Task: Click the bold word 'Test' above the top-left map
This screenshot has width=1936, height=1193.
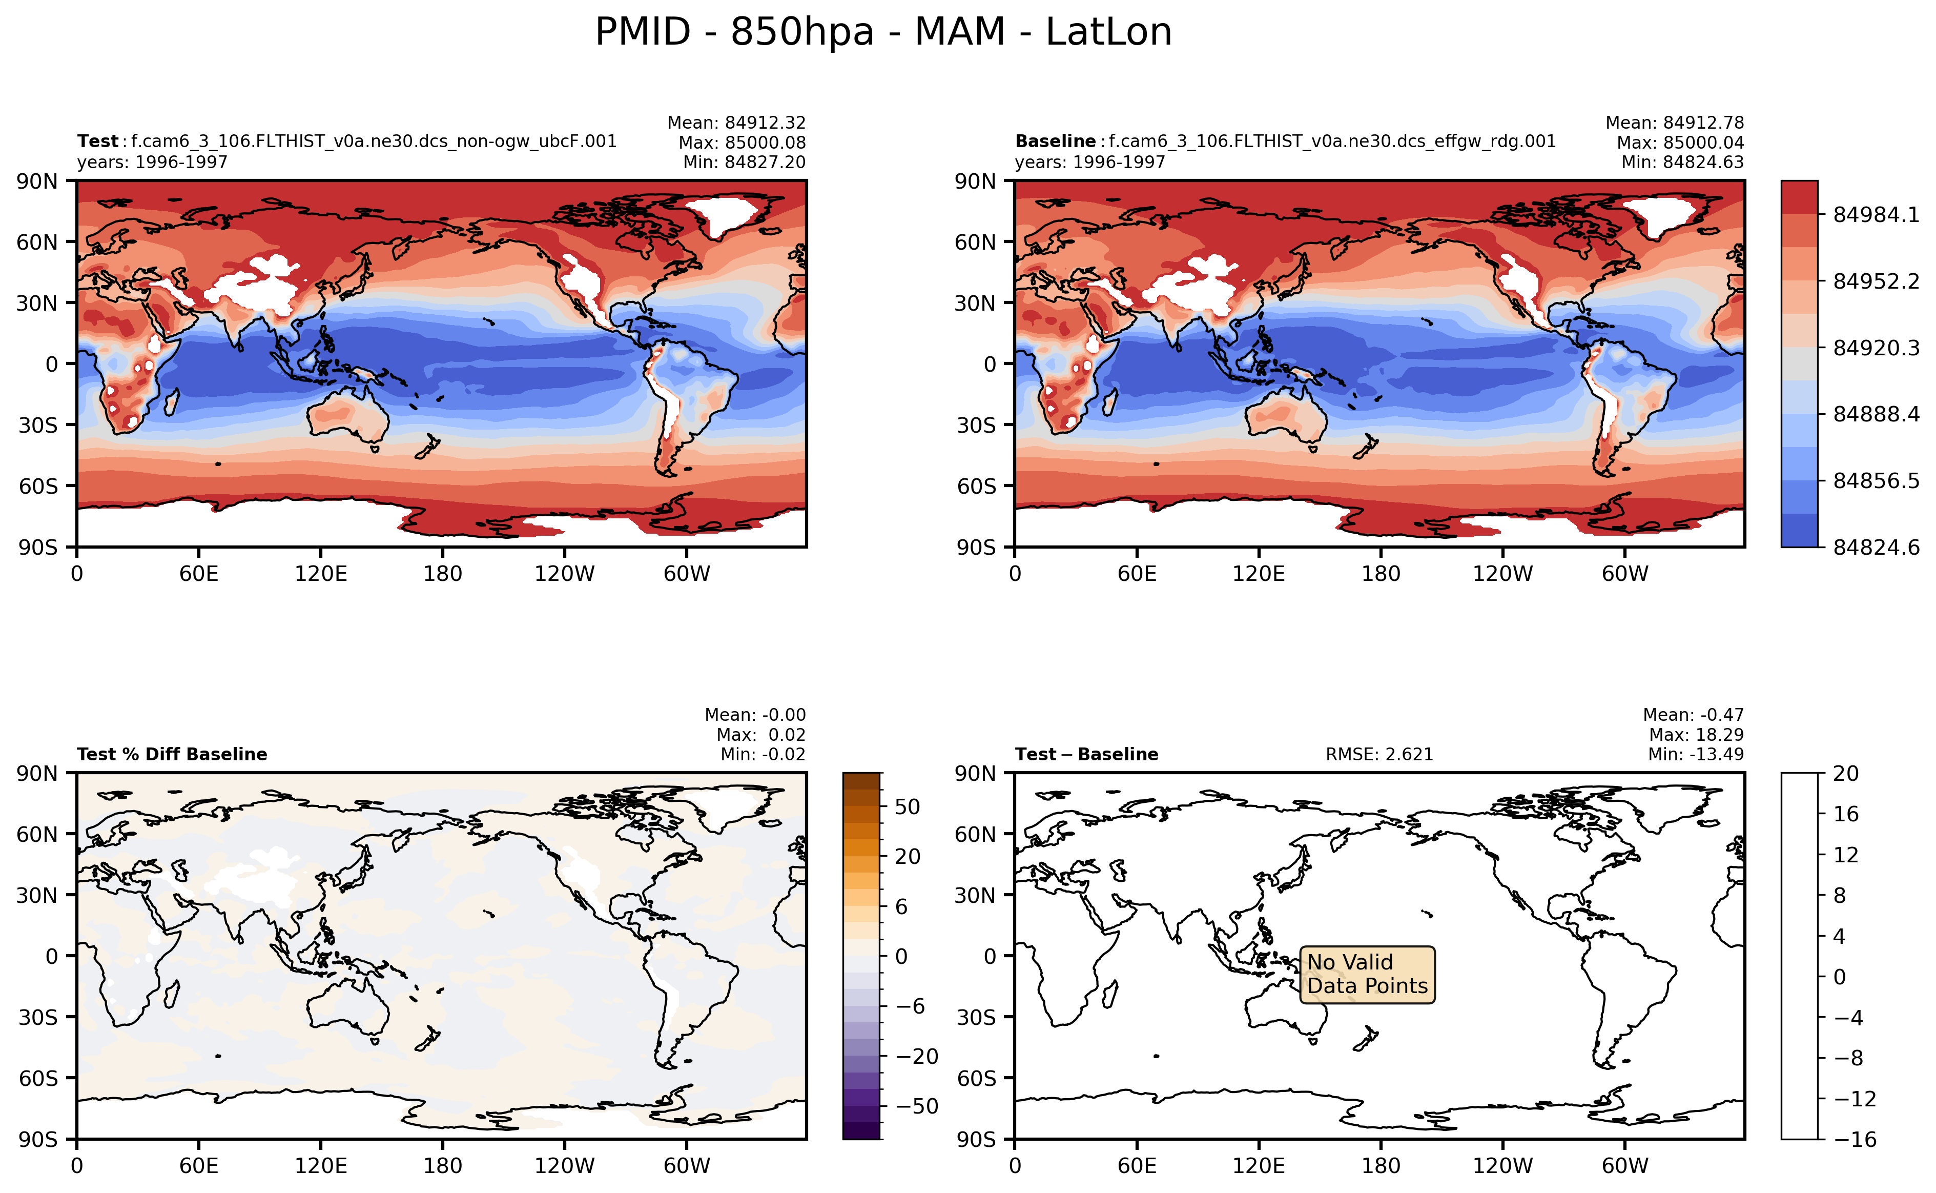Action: [x=97, y=141]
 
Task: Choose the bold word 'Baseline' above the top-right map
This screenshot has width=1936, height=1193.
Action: [x=1055, y=141]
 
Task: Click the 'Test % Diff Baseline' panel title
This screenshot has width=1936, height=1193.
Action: [x=172, y=754]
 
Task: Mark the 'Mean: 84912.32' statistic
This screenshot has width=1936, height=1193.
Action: [x=736, y=123]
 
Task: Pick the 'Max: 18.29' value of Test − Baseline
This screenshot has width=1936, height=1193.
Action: [x=1696, y=735]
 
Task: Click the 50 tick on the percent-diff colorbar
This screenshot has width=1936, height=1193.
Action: [x=907, y=807]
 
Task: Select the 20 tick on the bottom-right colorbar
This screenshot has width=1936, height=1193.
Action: [x=1845, y=773]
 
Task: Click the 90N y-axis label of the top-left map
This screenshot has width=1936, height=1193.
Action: [x=37, y=181]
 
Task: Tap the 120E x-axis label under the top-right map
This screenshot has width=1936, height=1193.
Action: [x=1258, y=574]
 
